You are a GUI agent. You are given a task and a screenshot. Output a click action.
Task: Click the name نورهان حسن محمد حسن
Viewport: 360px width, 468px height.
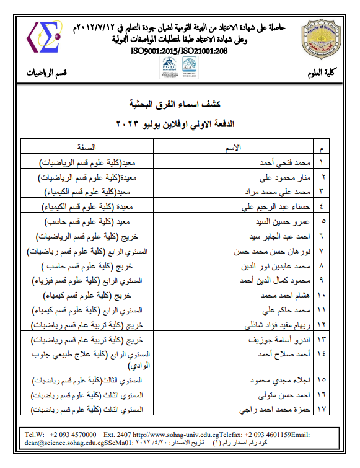[268, 252]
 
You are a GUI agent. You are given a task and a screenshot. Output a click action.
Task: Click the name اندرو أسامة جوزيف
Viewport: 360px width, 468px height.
[275, 340]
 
